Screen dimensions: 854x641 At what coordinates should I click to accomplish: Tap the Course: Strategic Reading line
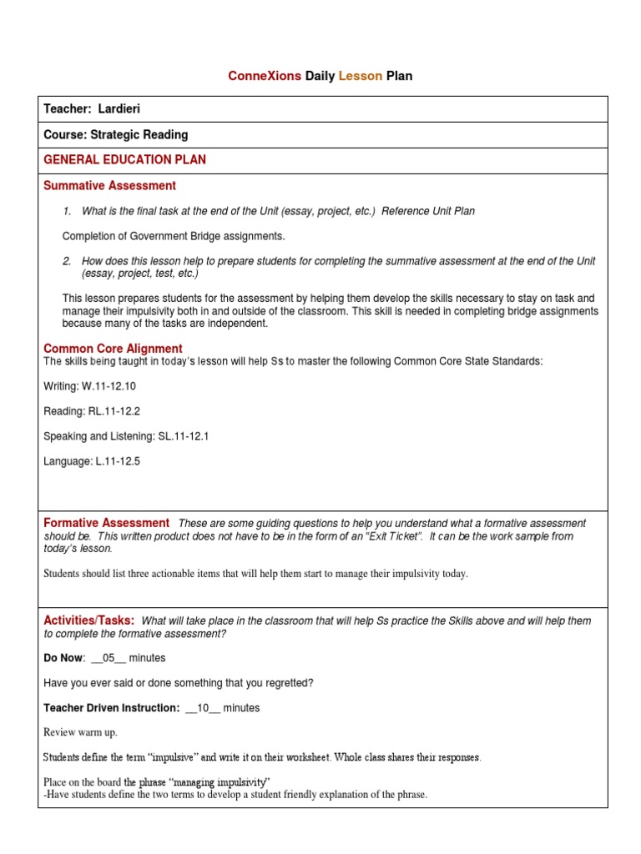pos(115,134)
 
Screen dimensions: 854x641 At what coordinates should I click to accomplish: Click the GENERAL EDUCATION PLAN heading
pos(124,159)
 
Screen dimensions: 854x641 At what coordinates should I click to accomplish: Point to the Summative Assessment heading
pos(109,185)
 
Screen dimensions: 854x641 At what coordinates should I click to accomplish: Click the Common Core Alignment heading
pos(113,349)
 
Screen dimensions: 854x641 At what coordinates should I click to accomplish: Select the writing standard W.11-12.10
pos(109,386)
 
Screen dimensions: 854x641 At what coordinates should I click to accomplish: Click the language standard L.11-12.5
pos(114,461)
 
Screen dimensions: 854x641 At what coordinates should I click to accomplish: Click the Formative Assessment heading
pos(106,523)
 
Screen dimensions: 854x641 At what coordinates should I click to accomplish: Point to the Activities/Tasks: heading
pos(88,620)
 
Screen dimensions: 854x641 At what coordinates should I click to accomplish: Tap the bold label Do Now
pos(63,658)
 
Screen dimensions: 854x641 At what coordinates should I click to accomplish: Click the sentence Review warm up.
pos(81,732)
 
